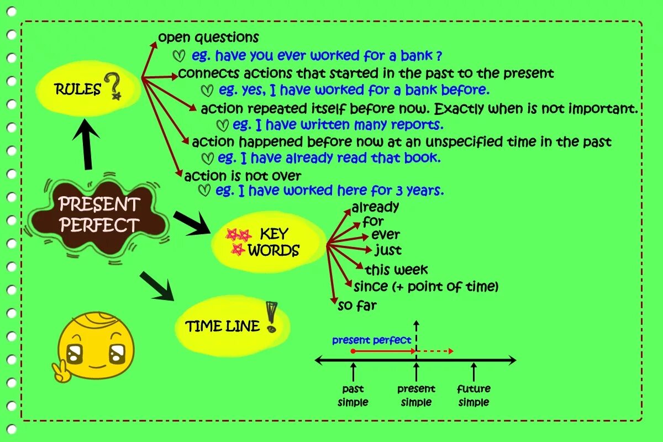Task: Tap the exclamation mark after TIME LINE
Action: (x=271, y=317)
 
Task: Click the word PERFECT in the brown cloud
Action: (x=99, y=225)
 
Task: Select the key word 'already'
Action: (x=375, y=208)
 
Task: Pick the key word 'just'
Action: (x=388, y=250)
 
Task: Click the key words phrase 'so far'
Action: (x=357, y=305)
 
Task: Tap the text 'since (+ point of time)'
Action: (x=426, y=287)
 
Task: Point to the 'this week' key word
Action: (x=396, y=270)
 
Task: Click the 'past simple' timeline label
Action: (x=353, y=396)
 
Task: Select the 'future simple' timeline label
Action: (x=473, y=396)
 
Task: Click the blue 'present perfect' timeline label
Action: (x=372, y=340)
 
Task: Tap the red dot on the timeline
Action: (x=352, y=351)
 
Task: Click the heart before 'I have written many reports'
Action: (x=223, y=125)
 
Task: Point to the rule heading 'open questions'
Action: (x=208, y=38)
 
